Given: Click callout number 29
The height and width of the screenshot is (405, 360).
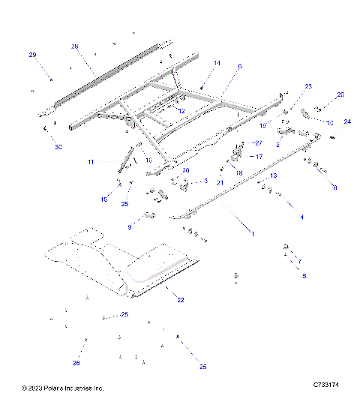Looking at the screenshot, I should tap(32, 55).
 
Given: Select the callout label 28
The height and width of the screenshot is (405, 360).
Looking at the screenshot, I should tap(75, 46).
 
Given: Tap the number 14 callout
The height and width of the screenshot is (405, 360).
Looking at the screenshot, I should tap(217, 63).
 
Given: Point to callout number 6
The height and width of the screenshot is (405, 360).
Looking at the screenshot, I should tap(239, 66).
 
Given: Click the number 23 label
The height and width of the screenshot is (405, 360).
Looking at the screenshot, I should tap(308, 86).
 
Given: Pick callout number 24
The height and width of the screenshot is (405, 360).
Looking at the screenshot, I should tap(347, 121).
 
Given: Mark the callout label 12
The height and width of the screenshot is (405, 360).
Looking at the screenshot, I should tap(181, 110).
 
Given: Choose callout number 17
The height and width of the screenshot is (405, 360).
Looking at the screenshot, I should tap(259, 157).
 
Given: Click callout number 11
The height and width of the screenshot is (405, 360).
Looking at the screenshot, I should tap(90, 162).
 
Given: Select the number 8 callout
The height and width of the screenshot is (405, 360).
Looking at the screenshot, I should tap(334, 187).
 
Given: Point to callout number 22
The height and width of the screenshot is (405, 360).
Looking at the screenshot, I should tap(180, 299).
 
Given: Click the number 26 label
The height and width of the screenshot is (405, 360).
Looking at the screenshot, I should tap(76, 363).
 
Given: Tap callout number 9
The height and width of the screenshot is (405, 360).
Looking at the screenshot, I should tap(129, 226).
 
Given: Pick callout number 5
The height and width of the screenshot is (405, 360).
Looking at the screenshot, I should tap(304, 276).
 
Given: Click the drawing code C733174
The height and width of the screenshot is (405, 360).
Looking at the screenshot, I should tap(325, 385).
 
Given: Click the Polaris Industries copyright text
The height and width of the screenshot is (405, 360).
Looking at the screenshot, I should tap(63, 388).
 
